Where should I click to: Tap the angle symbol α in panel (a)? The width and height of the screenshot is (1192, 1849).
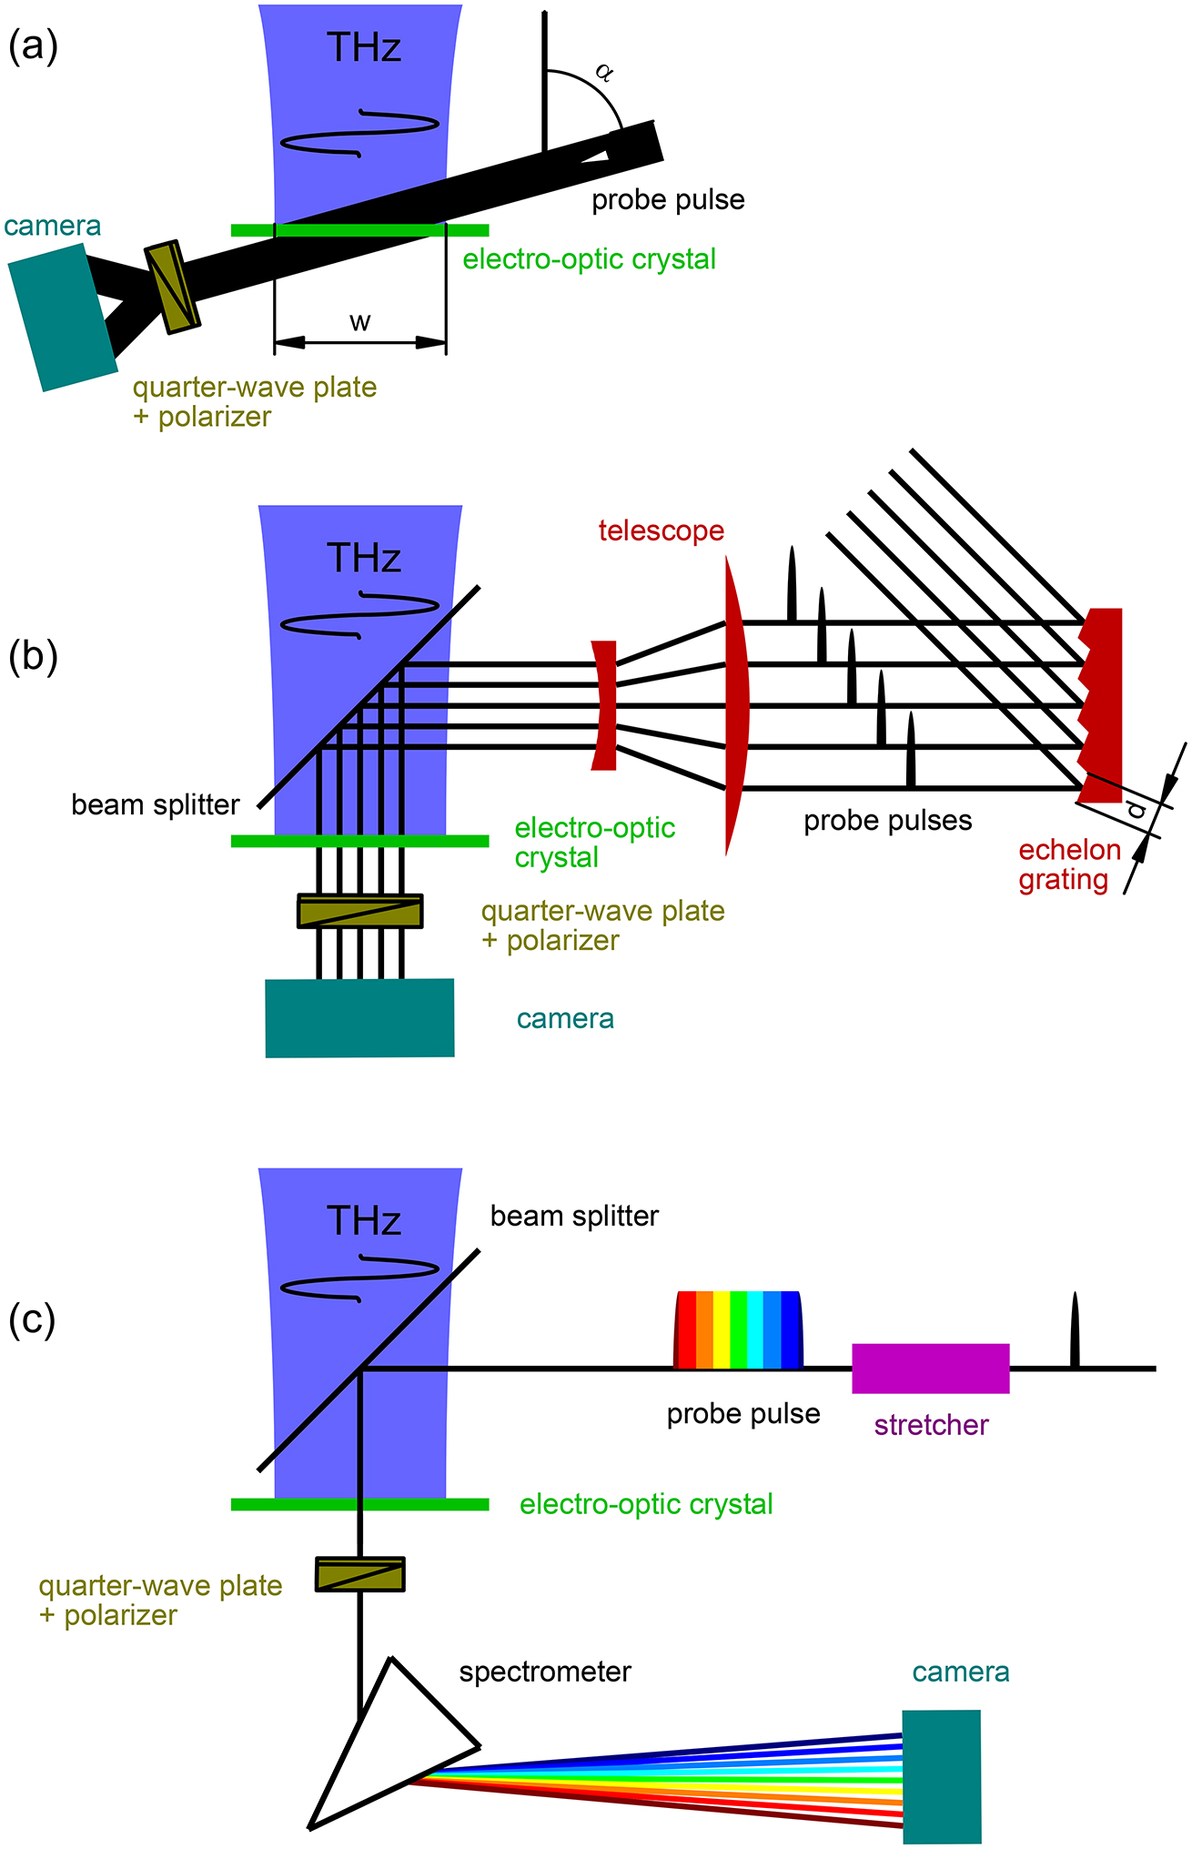pos(602,72)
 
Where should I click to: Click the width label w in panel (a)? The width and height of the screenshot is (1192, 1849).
pos(360,322)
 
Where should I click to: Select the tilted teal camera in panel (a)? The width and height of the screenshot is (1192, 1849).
pos(62,317)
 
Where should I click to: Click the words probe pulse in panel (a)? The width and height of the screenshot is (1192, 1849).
pos(668,200)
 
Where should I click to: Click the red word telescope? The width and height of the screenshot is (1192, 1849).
pos(662,530)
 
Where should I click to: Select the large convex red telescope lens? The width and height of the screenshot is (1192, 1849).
pos(736,705)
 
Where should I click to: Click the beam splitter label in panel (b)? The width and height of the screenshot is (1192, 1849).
pos(156,805)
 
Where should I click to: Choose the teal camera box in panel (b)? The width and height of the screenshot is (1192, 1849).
pos(359,1018)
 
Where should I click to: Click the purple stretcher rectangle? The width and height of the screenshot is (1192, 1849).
pos(930,1368)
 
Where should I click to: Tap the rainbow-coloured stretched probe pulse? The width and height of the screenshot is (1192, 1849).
pos(738,1329)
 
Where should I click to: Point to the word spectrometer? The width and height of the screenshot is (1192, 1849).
pos(545,1672)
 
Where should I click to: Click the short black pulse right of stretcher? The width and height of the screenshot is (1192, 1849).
pos(1075,1331)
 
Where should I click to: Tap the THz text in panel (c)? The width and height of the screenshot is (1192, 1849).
pos(364,1221)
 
